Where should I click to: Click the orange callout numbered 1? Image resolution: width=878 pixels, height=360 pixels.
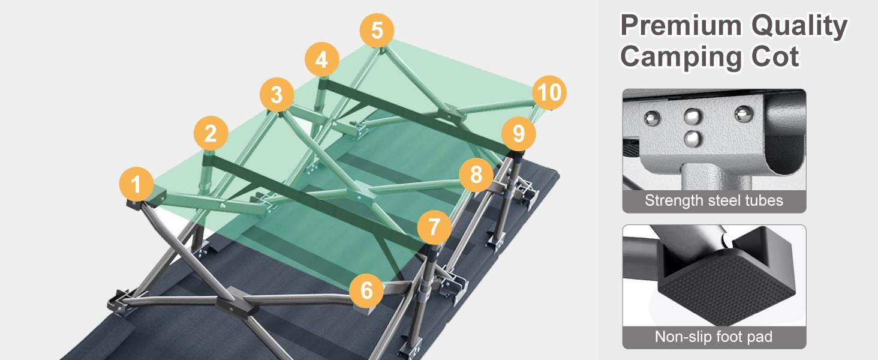[136, 184]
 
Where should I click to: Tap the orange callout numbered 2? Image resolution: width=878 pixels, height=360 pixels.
[211, 133]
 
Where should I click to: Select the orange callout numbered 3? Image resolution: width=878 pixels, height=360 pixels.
[276, 95]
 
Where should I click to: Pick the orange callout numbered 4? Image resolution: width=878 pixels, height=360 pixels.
[322, 59]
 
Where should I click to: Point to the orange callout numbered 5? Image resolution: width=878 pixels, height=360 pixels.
[377, 30]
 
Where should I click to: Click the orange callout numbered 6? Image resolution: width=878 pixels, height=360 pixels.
[366, 290]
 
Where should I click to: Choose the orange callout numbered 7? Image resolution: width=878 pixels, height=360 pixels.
[434, 227]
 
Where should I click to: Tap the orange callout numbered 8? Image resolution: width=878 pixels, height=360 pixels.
[476, 175]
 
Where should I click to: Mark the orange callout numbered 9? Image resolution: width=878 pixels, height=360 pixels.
[519, 134]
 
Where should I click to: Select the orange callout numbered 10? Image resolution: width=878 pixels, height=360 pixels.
[549, 92]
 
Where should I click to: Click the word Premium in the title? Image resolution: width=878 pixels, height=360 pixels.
[681, 25]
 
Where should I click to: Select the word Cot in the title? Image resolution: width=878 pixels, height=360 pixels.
[775, 57]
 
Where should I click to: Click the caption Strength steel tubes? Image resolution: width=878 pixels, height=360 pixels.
[714, 200]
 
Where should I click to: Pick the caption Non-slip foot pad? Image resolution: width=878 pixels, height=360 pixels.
[714, 337]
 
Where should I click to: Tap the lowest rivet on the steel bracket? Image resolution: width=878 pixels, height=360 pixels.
[693, 138]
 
